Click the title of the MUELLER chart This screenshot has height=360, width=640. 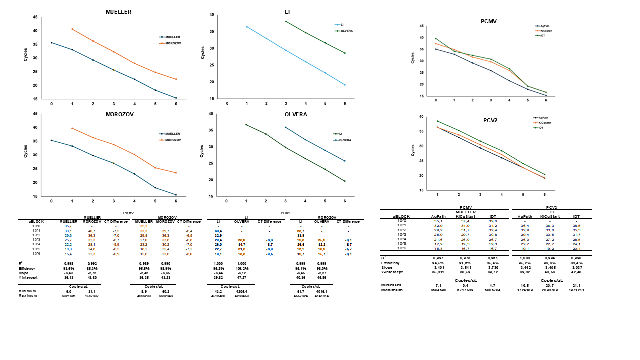coord(119,11)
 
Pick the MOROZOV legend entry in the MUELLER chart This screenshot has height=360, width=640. coord(173,43)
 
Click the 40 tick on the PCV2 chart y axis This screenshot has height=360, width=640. coord(422,117)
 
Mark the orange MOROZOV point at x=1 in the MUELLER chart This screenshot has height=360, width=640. coord(72,29)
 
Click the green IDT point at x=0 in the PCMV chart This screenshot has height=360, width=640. coord(436,39)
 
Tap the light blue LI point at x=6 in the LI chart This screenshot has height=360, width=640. coord(345,85)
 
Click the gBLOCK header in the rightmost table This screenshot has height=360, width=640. coord(401,217)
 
